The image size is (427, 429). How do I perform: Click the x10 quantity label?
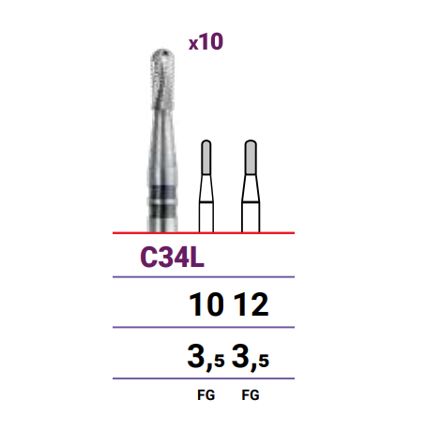206,41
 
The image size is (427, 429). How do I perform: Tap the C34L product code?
173,258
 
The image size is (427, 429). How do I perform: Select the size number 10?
206,304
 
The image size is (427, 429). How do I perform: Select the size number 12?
252,304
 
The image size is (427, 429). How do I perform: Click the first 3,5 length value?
206,357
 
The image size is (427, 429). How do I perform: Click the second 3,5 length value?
251,357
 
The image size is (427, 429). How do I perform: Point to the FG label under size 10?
206,395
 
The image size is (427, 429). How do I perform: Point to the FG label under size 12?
251,395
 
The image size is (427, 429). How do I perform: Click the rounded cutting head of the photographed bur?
162,78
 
